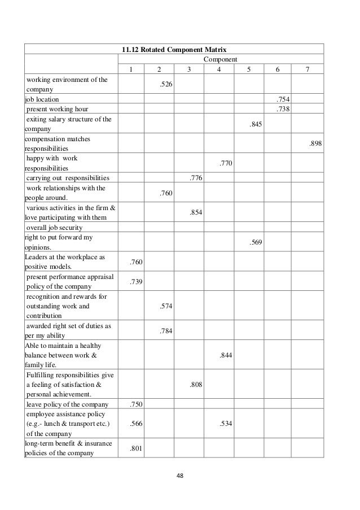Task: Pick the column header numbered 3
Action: click(189, 69)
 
